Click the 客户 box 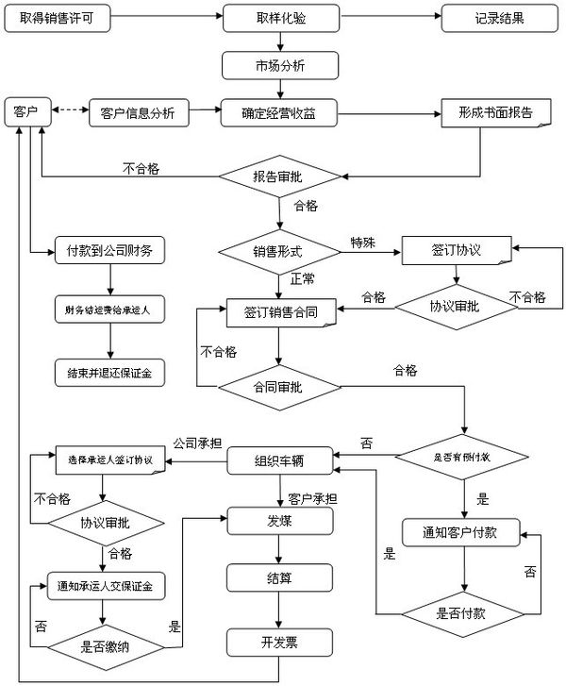coord(25,113)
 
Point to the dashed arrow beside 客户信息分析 coord(68,113)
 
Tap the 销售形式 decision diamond coord(278,251)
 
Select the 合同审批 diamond coord(278,386)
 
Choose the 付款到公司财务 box coord(110,250)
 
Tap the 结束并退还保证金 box coord(110,372)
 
